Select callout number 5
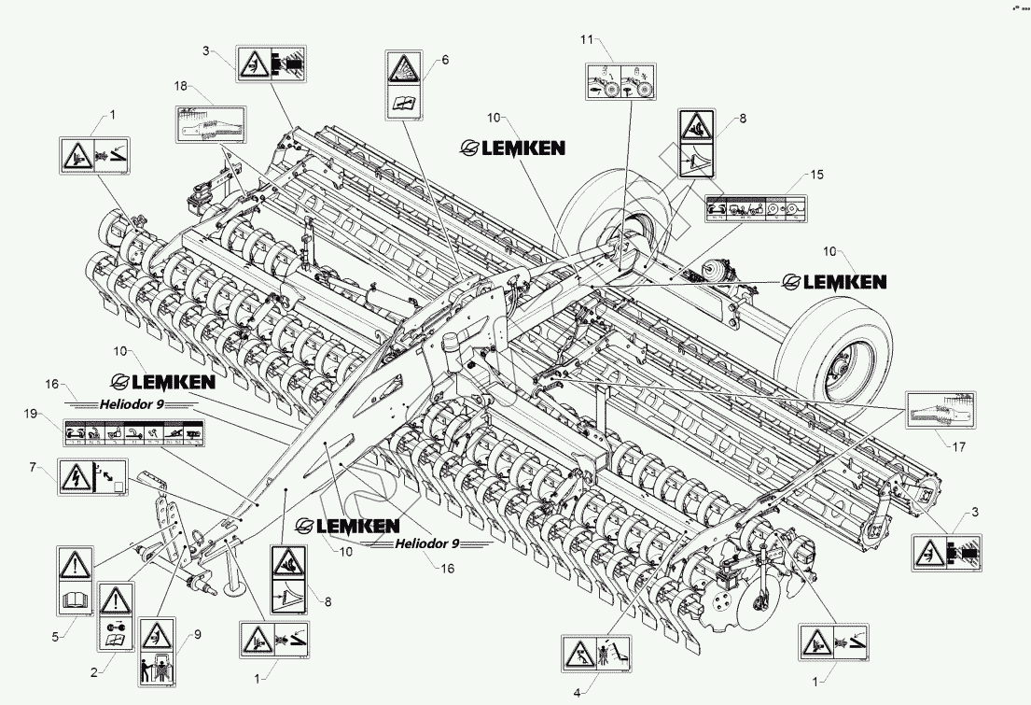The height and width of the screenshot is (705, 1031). tap(57, 637)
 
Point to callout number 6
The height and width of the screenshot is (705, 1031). tap(445, 59)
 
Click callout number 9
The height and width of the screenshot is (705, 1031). tap(196, 636)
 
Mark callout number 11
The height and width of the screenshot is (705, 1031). tap(586, 40)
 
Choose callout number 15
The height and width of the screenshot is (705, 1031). tap(816, 175)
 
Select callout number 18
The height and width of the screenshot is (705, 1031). tap(180, 85)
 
